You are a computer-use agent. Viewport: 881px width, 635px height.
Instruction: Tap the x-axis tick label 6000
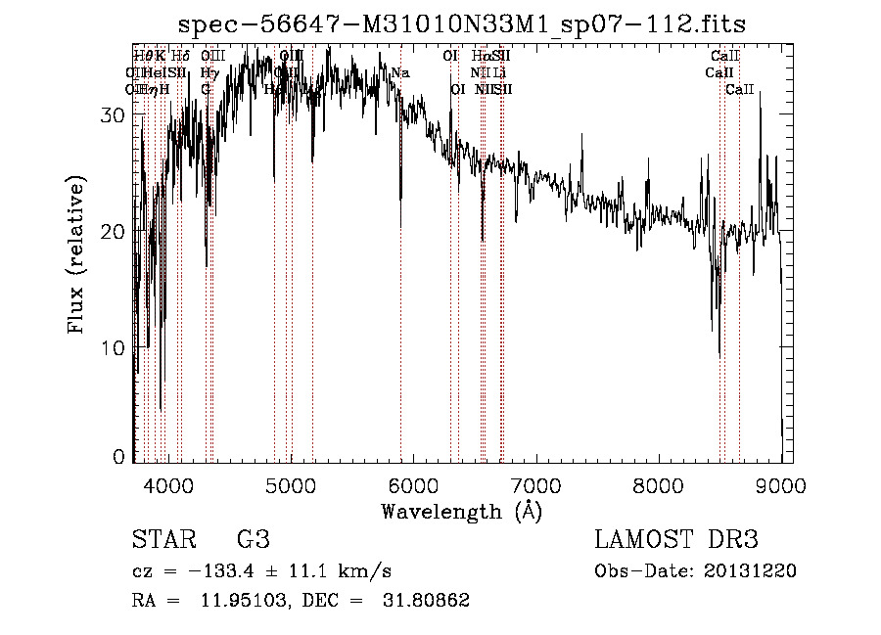(x=412, y=484)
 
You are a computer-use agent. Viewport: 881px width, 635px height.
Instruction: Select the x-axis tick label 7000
(x=534, y=484)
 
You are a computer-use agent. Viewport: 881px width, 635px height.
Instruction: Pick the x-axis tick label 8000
(x=658, y=484)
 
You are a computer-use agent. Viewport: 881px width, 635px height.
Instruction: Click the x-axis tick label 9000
(x=780, y=484)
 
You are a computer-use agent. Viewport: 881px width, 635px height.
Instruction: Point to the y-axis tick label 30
(x=115, y=115)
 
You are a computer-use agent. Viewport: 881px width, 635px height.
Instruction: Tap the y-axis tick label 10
(x=115, y=348)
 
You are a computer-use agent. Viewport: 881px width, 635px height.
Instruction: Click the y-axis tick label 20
(x=115, y=232)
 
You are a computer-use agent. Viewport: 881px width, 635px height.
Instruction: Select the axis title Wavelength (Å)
(x=461, y=511)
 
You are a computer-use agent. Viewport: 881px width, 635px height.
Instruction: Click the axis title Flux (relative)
(x=77, y=254)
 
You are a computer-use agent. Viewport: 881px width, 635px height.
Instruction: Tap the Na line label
(x=399, y=73)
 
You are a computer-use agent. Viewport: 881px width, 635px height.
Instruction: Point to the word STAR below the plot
(x=162, y=540)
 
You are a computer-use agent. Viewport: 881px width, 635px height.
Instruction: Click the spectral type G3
(x=253, y=540)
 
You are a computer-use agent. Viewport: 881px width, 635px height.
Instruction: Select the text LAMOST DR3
(x=676, y=540)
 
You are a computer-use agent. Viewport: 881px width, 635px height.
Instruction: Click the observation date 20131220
(x=750, y=571)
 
